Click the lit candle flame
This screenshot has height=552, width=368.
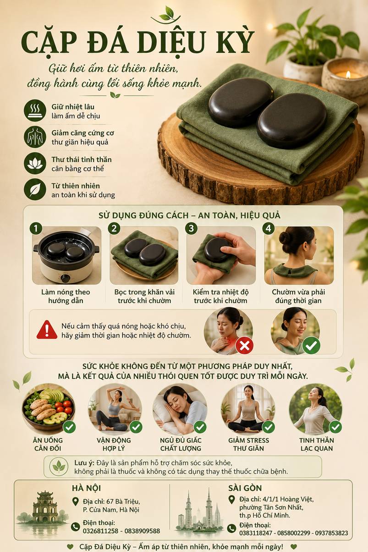pyautogui.click(x=348, y=74)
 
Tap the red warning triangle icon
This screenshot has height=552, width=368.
pyautogui.click(x=47, y=330)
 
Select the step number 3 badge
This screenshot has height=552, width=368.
pyautogui.click(x=191, y=228)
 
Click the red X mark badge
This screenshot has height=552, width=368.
pyautogui.click(x=244, y=345)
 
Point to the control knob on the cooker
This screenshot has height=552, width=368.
pyautogui.click(x=66, y=278)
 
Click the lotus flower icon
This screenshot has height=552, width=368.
pyautogui.click(x=35, y=163)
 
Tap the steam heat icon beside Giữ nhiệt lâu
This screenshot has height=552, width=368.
pyautogui.click(x=35, y=110)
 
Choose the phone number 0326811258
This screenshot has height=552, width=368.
pyautogui.click(x=100, y=531)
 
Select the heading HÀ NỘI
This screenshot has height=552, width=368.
pyautogui.click(x=87, y=488)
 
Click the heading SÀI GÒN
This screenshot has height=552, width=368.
pyautogui.click(x=245, y=488)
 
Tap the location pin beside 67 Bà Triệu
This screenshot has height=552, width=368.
pyautogui.click(x=76, y=502)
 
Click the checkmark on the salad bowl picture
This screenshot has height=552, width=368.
pyautogui.click(x=69, y=427)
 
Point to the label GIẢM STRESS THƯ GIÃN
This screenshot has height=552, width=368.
pyautogui.click(x=248, y=444)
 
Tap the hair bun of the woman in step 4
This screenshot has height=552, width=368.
pyautogui.click(x=286, y=237)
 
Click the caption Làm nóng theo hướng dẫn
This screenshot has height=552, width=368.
pyautogui.click(x=66, y=296)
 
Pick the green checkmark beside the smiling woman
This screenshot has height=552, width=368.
pyautogui.click(x=311, y=345)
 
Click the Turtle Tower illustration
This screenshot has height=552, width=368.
pyautogui.click(x=45, y=507)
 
